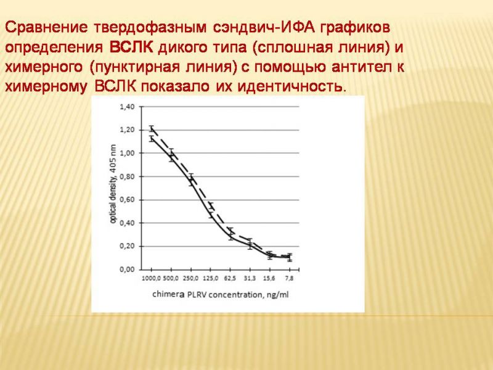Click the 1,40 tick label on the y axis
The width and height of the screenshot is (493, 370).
pos(127,107)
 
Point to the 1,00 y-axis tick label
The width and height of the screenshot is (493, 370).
pos(127,153)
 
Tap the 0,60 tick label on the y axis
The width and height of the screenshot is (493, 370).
pos(127,200)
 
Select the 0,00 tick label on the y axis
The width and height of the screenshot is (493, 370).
pos(127,269)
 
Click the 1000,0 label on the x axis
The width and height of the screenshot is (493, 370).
pos(152,279)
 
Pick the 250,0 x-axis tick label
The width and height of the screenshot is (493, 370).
pos(191,279)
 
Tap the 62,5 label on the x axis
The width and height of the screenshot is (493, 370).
pos(230,279)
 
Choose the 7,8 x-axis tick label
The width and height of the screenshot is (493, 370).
pos(289,279)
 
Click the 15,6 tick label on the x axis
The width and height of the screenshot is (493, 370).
pos(269,279)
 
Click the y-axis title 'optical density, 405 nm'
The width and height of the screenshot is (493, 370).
pos(113,184)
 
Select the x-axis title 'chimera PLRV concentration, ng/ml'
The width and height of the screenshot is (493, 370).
pos(221,295)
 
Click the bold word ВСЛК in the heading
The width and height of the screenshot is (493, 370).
pos(131,47)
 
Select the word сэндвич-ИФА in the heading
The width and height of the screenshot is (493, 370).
pos(264,27)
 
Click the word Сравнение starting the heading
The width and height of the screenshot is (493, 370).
pos(46,27)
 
